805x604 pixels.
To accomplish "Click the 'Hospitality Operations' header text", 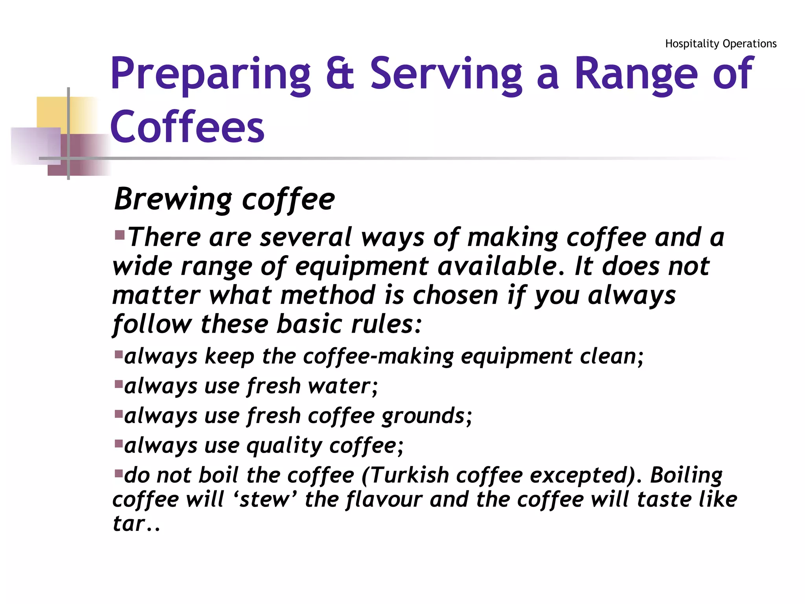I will coord(720,44).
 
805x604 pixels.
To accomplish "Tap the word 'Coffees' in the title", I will coord(187,127).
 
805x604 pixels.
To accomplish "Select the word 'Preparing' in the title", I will coord(211,75).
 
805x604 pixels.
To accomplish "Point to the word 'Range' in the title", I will coord(636,75).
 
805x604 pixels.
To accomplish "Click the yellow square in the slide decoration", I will coord(51,112).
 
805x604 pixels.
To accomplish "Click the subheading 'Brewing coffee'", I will coord(224,199).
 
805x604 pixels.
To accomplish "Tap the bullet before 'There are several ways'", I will coord(119,236).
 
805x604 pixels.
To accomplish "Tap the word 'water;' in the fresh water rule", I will coord(343,386).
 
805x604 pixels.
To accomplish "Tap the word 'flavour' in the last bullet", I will coord(384,500).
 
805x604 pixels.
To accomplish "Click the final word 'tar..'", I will coord(136,524).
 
